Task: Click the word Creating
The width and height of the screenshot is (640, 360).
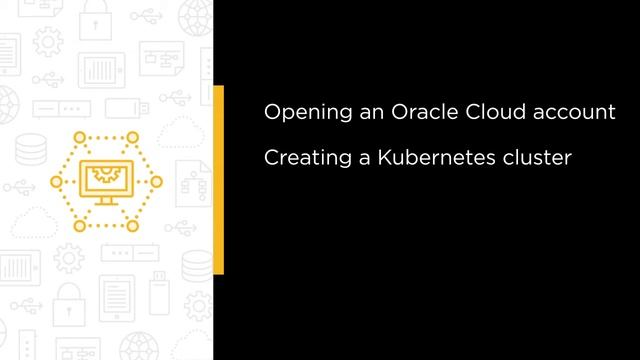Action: pos(299,158)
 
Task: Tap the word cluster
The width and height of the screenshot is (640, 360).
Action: pos(534,157)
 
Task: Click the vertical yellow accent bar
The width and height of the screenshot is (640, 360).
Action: pos(218,179)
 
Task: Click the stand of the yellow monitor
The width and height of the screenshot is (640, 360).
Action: pos(105,201)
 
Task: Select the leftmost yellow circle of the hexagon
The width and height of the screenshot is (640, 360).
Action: pos(56,181)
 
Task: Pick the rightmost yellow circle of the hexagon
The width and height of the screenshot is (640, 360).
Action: pos(156,181)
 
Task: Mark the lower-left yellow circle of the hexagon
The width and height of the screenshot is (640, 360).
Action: pos(80,225)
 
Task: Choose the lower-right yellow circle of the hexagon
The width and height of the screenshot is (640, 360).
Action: pos(131,225)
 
